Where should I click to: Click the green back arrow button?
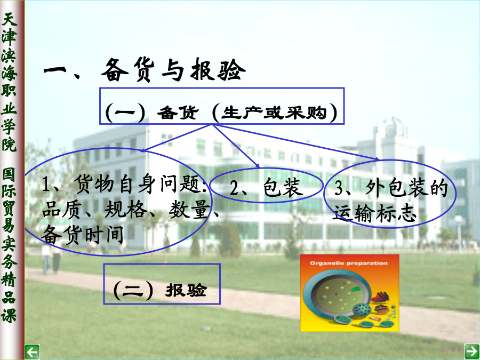pyautogui.click(x=32, y=352)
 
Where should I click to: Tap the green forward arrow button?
pyautogui.click(x=472, y=351)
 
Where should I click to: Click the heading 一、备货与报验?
pyautogui.click(x=145, y=70)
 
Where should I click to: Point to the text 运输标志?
pyautogui.click(x=375, y=213)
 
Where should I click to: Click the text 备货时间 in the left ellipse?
pyautogui.click(x=82, y=235)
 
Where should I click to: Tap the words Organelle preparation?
pyautogui.click(x=349, y=263)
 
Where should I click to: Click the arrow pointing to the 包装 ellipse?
pyautogui.click(x=236, y=146)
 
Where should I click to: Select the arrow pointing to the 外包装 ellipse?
pyautogui.click(x=295, y=142)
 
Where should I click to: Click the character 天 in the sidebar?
pyautogui.click(x=9, y=19)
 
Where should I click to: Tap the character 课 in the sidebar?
pyautogui.click(x=9, y=315)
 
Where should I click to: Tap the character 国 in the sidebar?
pyautogui.click(x=9, y=174)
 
